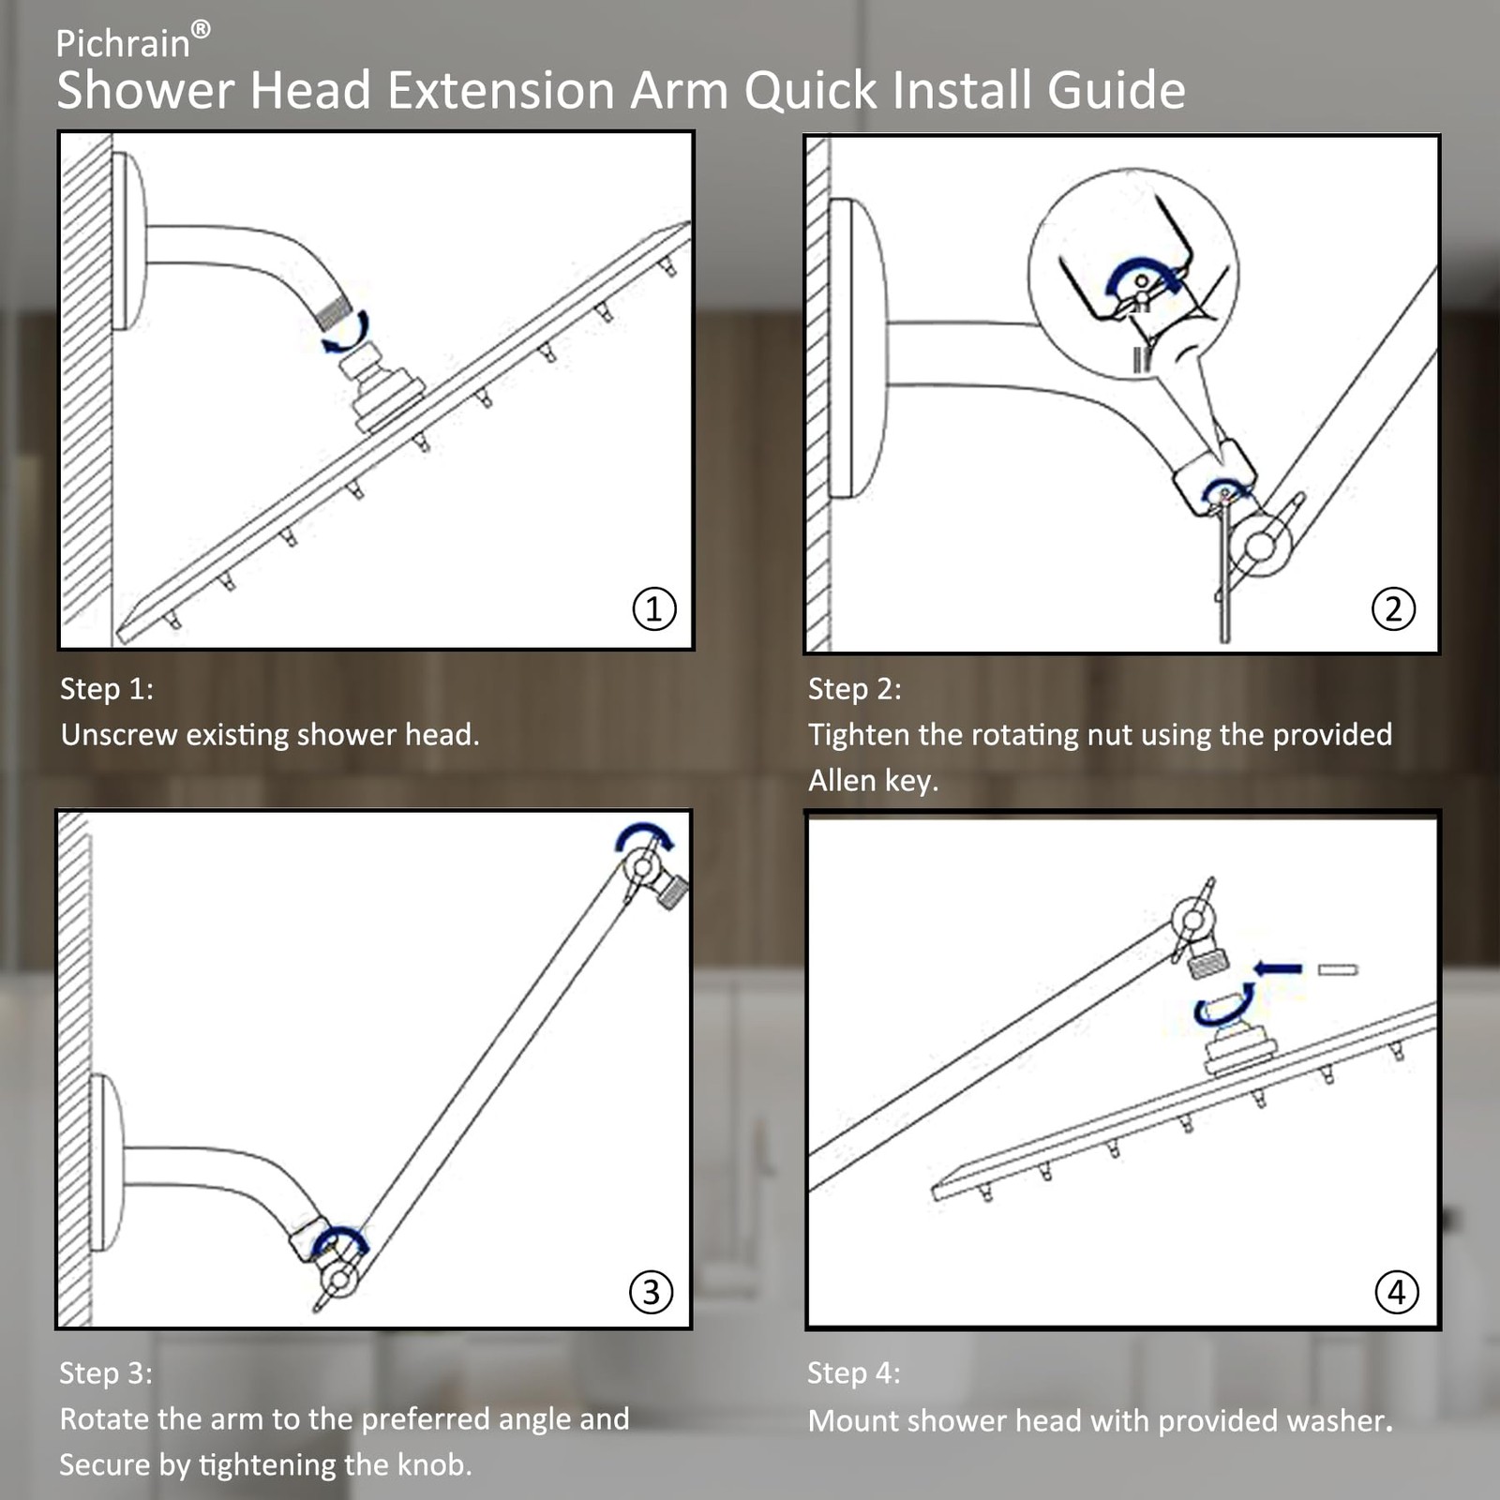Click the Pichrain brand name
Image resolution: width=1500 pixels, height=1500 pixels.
(123, 44)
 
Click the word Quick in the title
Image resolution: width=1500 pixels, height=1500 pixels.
(810, 91)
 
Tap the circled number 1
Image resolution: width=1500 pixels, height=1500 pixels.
(653, 608)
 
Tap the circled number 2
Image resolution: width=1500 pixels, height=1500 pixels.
(1393, 608)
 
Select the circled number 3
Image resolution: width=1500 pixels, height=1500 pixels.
(651, 1292)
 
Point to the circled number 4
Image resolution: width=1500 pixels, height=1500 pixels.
(1396, 1292)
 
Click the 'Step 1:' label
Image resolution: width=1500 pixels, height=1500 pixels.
(107, 689)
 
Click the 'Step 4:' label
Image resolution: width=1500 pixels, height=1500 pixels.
(854, 1373)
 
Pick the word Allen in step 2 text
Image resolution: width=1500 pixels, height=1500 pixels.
(843, 780)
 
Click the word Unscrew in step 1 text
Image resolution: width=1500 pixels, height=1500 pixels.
(119, 735)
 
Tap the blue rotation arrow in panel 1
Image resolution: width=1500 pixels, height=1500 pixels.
(347, 334)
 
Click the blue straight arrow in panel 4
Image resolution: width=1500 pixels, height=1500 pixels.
(1279, 968)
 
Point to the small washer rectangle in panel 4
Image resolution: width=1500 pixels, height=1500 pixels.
(1338, 969)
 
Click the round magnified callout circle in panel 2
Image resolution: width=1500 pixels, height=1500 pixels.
(1133, 274)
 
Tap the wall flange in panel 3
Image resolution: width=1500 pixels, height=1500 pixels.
(107, 1162)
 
